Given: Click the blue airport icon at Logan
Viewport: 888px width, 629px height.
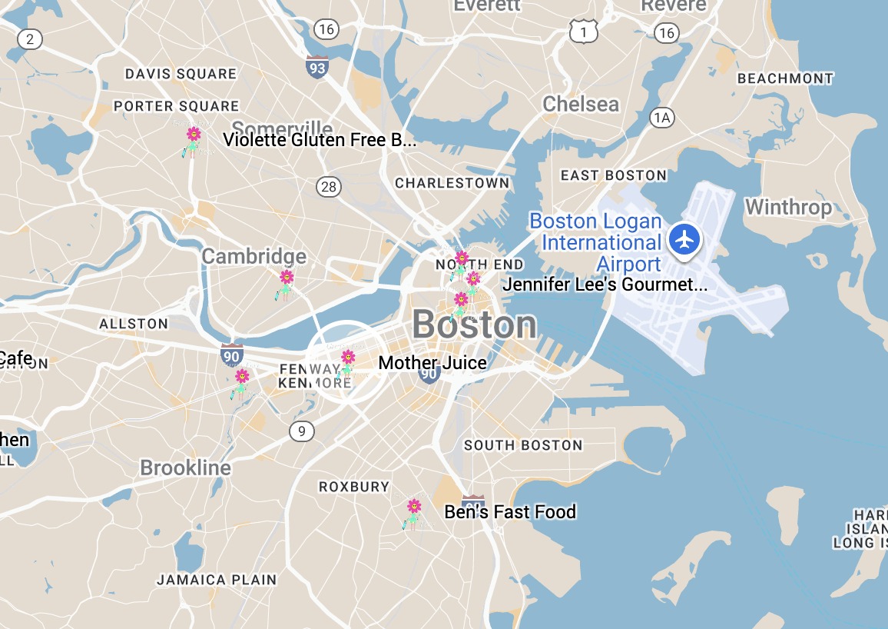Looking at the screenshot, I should (684, 239).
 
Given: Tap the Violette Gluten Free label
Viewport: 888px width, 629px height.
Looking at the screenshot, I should (319, 140).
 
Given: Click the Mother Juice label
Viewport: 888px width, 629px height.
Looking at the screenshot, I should (432, 363).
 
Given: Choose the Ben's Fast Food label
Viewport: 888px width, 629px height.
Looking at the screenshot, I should (510, 512).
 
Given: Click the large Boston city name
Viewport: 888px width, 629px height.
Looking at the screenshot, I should (474, 324).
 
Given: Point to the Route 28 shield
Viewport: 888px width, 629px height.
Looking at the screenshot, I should (329, 186).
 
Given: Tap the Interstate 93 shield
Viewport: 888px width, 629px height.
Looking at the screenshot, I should (316, 67).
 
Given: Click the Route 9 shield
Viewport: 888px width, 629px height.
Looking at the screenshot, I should (302, 431).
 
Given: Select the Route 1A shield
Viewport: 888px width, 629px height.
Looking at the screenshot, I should (661, 118).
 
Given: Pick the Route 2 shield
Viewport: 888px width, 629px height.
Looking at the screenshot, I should (30, 39).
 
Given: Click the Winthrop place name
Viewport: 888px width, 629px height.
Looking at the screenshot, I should (788, 208).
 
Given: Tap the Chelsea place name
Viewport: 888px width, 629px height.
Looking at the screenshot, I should (580, 105).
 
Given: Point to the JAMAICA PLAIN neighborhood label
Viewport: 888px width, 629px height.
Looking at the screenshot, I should (217, 580).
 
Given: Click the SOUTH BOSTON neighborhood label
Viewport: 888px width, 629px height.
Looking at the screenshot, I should (523, 445).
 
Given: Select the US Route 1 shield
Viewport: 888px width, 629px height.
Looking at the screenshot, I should (584, 32).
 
